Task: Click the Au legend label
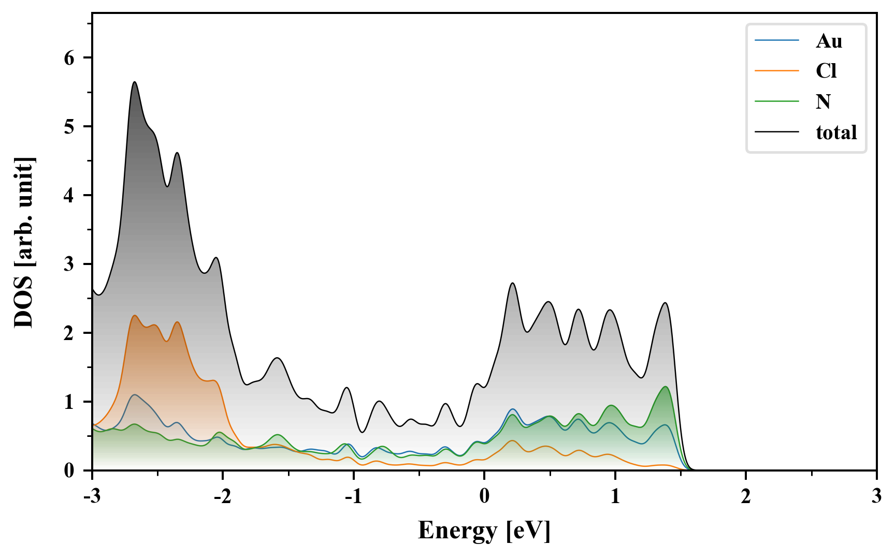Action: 829,41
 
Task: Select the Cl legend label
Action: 826,71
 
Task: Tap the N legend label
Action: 823,101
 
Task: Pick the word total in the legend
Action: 836,133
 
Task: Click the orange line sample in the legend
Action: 777,71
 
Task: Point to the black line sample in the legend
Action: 777,132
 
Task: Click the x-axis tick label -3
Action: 92,496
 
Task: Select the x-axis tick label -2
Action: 223,496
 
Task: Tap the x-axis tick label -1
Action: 353,496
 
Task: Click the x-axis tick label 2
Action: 746,496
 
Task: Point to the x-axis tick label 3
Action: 876,496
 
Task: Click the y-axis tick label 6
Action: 69,58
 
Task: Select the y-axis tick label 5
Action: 69,127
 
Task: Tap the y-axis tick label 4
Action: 69,196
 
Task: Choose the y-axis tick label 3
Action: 69,264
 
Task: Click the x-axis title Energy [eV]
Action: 484,531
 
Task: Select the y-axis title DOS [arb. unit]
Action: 24,242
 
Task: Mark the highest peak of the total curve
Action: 135,82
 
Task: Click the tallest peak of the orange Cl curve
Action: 135,316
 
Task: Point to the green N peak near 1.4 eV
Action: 665,387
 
